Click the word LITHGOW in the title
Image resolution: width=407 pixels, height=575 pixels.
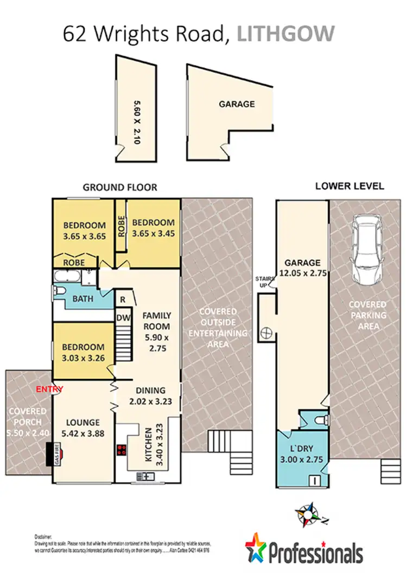tap(287, 34)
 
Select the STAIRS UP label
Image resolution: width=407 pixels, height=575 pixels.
tap(264, 282)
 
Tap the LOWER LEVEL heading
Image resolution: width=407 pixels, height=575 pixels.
tap(349, 186)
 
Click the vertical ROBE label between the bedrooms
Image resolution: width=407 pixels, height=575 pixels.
tap(121, 224)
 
